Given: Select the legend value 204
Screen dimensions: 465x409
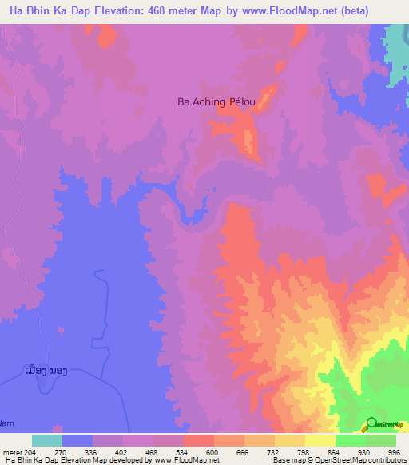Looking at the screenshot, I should pos(30,451).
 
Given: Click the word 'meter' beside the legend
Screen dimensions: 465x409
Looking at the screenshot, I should pos(11,451).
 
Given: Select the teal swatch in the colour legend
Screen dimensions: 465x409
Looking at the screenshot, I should pos(47,440).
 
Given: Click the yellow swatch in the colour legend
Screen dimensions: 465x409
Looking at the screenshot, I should pos(320,440).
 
